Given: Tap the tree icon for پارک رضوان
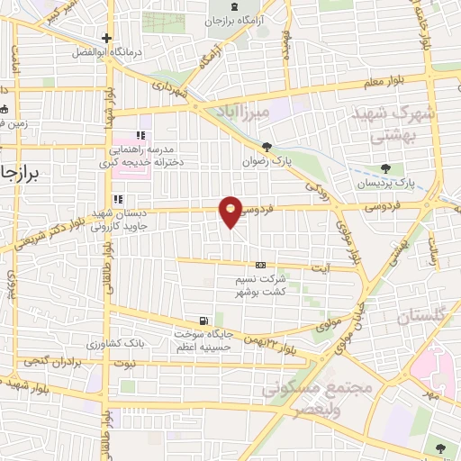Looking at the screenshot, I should tap(266, 146).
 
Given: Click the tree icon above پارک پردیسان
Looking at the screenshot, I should tap(386, 167).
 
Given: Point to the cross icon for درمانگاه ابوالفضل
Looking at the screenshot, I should tap(107, 38).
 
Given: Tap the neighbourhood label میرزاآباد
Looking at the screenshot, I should tap(244, 110).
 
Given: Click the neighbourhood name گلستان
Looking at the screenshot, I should tap(419, 316).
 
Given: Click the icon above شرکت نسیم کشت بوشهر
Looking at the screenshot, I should tap(260, 265).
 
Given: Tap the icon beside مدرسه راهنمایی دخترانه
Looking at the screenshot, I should tap(140, 135).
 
